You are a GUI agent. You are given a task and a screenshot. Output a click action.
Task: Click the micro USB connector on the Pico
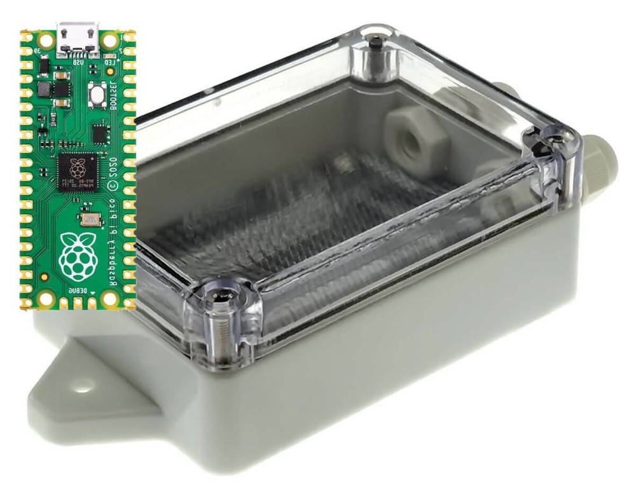pyautogui.click(x=78, y=39)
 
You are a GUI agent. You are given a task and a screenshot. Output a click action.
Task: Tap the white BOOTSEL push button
pyautogui.click(x=97, y=94)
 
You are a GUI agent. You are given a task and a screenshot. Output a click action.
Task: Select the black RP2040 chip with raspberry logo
pyautogui.click(x=77, y=171)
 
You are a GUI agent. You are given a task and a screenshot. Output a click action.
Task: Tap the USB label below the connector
pyautogui.click(x=78, y=63)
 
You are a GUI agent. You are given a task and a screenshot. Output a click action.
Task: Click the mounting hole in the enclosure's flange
pyautogui.click(x=81, y=384)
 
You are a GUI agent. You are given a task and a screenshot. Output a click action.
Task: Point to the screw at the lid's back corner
pyautogui.click(x=377, y=44)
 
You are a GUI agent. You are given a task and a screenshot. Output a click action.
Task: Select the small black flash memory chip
pyautogui.click(x=100, y=133)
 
